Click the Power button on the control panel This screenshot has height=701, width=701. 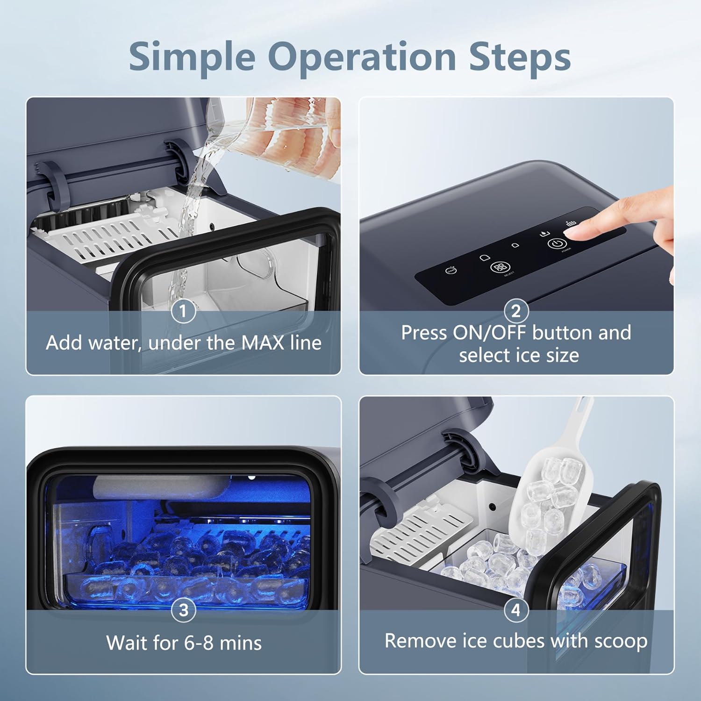click(557, 243)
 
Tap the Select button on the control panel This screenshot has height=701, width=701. click(499, 267)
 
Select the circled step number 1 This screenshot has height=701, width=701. click(183, 311)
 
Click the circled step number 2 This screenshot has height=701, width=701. click(516, 311)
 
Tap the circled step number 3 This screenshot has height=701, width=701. click(183, 610)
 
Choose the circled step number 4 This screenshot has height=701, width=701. click(516, 610)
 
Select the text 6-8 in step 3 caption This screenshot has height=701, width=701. click(199, 643)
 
